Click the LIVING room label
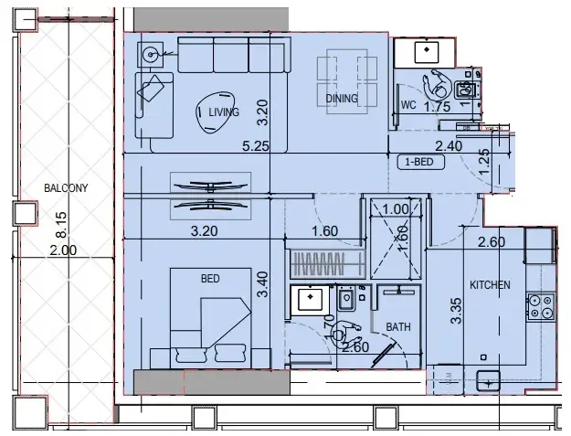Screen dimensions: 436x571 point(224,112)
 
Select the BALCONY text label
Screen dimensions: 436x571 point(65,188)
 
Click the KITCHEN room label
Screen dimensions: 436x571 point(490,285)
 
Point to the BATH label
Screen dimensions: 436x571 point(397,325)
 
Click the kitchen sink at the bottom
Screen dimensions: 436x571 point(489,382)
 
